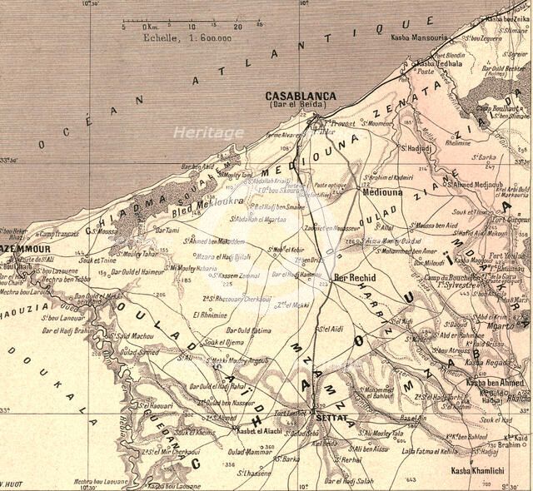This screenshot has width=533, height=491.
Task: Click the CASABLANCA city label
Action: (301, 96)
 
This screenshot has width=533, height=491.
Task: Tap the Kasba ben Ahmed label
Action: (495, 382)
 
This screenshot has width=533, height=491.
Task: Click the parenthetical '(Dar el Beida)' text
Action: (301, 107)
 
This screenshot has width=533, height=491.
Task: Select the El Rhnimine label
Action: (208, 315)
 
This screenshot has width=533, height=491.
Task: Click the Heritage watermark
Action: (208, 132)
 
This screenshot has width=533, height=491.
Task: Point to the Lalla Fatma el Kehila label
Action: (429, 449)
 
